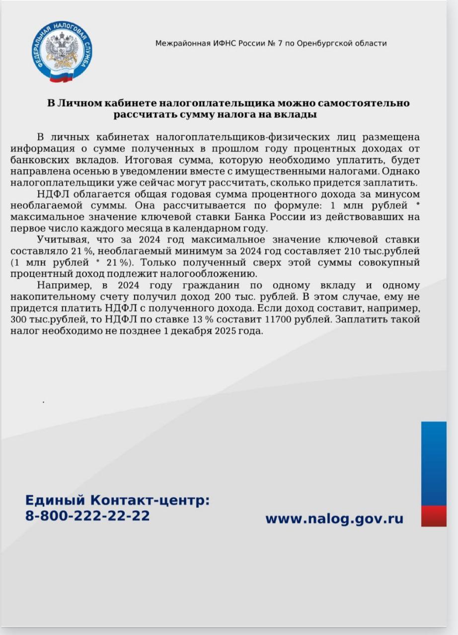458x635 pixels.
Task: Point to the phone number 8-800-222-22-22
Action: (x=87, y=515)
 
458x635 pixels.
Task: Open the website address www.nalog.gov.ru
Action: (x=334, y=519)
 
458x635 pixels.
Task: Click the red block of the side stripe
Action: (x=433, y=515)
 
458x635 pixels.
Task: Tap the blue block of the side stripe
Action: (x=433, y=463)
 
